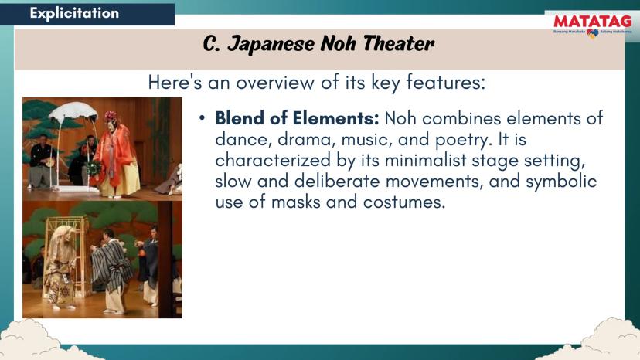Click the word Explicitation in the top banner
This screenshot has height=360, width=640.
tap(74, 13)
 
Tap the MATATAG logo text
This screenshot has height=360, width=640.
tap(593, 21)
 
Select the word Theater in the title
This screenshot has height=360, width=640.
tap(398, 43)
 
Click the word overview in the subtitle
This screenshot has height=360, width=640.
tap(275, 82)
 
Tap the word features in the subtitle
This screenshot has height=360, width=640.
tap(445, 82)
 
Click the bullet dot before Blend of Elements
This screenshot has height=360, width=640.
tap(202, 118)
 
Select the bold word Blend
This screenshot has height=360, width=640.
tap(240, 118)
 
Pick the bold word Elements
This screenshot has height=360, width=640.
tap(336, 118)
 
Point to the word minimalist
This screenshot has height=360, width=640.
tap(425, 160)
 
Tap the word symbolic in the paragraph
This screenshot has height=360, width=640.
tap(561, 182)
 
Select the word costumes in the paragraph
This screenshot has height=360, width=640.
tap(404, 202)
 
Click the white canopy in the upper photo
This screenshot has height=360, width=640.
tap(73, 111)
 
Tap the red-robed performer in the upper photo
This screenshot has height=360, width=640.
tap(117, 156)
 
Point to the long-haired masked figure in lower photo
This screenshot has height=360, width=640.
tap(60, 266)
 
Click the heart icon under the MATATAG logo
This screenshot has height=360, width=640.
tap(593, 33)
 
